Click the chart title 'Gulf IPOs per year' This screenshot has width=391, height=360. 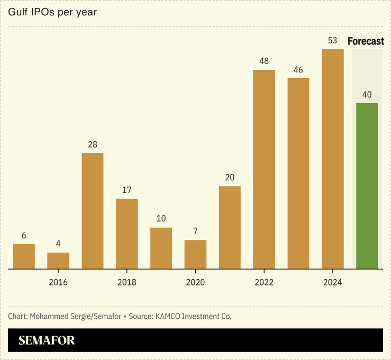[52, 12]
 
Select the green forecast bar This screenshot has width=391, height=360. [367, 186]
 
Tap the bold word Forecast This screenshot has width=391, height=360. [366, 41]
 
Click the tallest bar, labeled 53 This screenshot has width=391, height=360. [332, 159]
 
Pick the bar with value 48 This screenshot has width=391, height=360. [264, 169]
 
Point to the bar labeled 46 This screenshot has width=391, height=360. [298, 173]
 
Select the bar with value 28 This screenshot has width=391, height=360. [93, 210]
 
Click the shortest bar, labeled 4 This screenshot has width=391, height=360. [58, 261]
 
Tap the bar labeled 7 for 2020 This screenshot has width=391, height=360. [195, 254]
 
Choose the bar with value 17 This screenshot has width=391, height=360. [127, 234]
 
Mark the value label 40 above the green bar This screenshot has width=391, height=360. [367, 95]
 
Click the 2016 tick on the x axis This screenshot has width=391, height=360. [58, 282]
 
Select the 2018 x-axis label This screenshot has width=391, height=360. [127, 282]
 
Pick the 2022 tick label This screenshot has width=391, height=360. [264, 282]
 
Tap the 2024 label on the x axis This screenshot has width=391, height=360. [332, 282]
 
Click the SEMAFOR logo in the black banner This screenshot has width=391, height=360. [47, 340]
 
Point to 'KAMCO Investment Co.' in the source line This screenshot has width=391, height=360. [193, 316]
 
